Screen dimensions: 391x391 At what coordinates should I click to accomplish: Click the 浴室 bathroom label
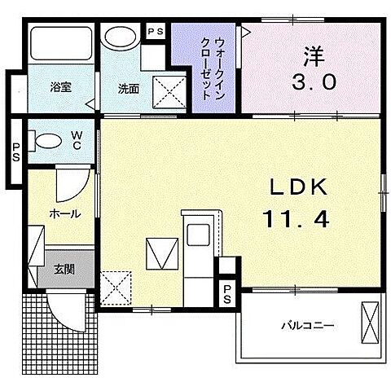pyautogui.click(x=61, y=87)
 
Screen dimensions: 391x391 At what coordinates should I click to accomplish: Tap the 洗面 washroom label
pyautogui.click(x=128, y=87)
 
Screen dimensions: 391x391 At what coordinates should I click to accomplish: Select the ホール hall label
pyautogui.click(x=64, y=213)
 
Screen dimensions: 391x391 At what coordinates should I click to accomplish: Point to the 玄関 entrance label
pyautogui.click(x=64, y=268)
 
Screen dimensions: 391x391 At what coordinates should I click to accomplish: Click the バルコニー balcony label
pyautogui.click(x=307, y=326)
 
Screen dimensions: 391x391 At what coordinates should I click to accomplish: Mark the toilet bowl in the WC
pyautogui.click(x=46, y=140)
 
